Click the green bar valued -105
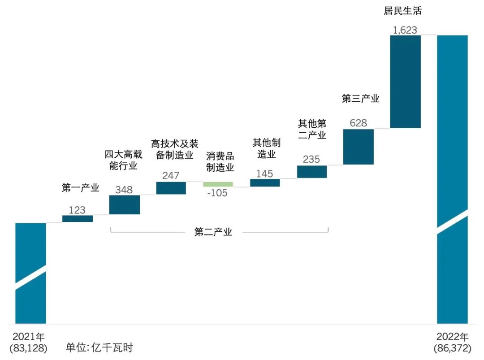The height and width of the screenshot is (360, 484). (218, 184)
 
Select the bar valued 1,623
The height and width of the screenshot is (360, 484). (405, 82)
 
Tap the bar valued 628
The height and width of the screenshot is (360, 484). (358, 147)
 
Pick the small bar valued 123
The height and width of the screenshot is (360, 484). (78, 219)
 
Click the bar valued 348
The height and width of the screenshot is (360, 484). (125, 205)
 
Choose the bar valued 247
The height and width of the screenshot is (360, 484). (171, 188)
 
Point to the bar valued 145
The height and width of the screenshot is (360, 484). (265, 183)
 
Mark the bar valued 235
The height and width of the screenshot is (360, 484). (312, 172)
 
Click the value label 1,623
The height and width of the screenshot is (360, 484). (405, 30)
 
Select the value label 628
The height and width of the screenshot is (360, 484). (358, 123)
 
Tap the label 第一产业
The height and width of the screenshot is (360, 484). (80, 188)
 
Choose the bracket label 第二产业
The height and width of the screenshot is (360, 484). (213, 232)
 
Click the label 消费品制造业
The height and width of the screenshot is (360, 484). (220, 162)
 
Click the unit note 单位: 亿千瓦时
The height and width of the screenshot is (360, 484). (99, 347)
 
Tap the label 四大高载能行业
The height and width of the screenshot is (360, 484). (123, 160)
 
